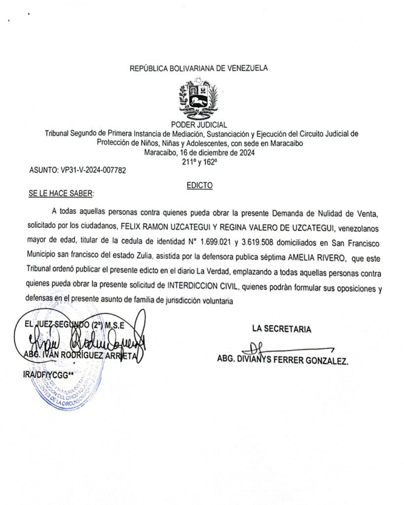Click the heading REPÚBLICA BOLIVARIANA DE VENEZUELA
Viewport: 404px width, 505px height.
[199, 69]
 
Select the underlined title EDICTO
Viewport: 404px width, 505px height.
[200, 185]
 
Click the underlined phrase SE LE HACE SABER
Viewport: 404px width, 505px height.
[61, 193]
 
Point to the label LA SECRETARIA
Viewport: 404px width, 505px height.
[281, 329]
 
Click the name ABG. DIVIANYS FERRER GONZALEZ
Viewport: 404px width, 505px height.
[283, 361]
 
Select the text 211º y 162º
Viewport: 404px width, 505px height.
[199, 161]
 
